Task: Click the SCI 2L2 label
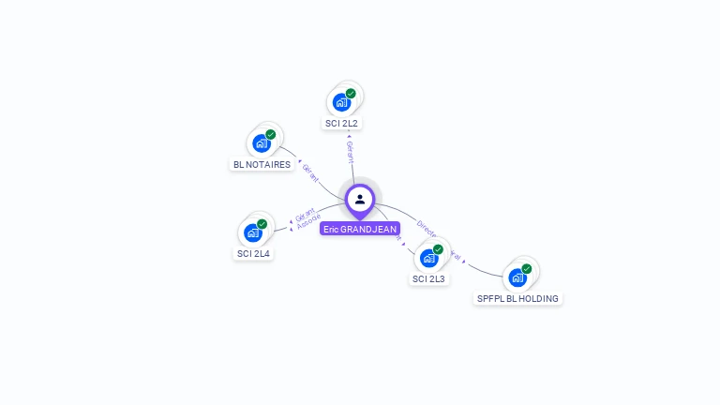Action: coord(342,123)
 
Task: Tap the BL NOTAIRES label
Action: coord(261,164)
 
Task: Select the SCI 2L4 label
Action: coord(253,253)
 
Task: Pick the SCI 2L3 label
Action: coord(429,278)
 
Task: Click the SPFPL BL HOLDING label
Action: coord(517,298)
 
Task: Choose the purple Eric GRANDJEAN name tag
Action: coord(360,228)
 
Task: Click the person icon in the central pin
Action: coord(360,199)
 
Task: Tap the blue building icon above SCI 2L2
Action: coord(341,102)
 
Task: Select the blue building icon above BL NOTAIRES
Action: coord(261,143)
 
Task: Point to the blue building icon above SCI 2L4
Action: coord(252,232)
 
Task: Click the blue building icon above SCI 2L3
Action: coord(428,258)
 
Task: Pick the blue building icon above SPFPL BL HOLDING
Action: coord(517,277)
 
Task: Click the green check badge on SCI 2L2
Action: coord(351,94)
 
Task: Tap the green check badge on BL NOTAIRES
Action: coord(270,135)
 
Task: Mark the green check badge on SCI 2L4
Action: coord(262,224)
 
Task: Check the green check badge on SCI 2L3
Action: coord(438,249)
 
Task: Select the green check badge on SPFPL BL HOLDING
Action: coord(526,269)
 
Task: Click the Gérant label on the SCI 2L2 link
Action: coord(350,153)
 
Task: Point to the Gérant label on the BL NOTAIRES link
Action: coord(310,173)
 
